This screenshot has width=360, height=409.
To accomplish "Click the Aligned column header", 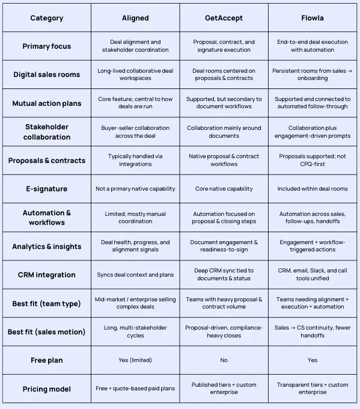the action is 135,18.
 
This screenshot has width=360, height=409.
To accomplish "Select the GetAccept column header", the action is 224,18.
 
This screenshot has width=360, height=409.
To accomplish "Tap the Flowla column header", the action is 312,18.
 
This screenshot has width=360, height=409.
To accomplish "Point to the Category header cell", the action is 46,18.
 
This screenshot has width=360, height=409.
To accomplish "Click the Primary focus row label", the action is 46,46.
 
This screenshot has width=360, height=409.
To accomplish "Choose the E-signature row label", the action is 46,189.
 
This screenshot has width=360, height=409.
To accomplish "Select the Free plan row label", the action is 46,360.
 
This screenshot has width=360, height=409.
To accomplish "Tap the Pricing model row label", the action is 46,389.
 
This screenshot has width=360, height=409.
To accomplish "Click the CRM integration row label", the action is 46,275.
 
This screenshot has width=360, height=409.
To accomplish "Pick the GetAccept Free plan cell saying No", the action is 224,360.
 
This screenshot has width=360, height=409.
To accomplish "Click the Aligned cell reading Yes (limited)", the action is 135,360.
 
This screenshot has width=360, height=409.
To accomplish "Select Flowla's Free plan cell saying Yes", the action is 312,360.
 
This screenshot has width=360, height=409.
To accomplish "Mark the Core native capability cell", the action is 224,189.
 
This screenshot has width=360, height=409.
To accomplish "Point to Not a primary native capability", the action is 135,189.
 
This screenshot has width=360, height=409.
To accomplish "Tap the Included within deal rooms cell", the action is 312,189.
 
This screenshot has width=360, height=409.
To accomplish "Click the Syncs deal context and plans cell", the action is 135,275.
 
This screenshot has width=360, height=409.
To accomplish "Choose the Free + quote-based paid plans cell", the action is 135,389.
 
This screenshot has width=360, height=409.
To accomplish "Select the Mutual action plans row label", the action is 46,103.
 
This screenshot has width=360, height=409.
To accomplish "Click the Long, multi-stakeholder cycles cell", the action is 135,331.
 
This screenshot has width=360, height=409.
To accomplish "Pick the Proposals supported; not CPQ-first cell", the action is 312,160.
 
